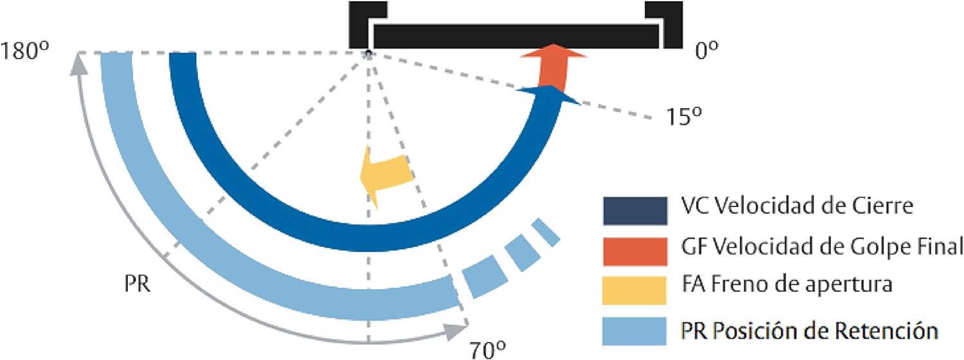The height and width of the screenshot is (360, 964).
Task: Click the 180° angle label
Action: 24,51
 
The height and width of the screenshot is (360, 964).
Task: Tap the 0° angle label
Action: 707,50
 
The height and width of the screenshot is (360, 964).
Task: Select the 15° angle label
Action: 684,116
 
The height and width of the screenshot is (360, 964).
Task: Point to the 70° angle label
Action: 487,350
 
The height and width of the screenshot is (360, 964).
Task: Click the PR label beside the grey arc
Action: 138,283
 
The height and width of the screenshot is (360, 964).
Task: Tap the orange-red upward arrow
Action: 554,68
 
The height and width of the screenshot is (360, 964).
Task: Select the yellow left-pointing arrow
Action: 386,177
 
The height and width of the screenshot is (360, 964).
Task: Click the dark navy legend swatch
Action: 635,211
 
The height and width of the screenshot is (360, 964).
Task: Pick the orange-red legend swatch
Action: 635,251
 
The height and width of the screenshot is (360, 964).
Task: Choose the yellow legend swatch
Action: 634,290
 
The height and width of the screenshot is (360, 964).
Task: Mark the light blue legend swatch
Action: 634,331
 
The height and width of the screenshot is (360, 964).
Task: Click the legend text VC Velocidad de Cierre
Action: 797,206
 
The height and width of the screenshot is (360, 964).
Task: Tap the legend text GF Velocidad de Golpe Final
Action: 822,247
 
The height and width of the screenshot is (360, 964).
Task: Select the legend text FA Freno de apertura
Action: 787,285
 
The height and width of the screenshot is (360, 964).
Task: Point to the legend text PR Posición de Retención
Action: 810,330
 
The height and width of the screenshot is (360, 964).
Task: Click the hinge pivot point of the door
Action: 368,54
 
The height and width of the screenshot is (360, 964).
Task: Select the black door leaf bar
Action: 516,36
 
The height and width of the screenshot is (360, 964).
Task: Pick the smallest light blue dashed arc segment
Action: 546,233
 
